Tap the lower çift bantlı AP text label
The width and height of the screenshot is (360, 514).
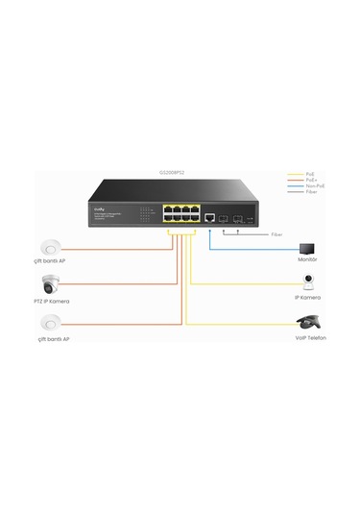click(x=52, y=340)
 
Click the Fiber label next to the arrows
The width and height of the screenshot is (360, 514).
click(x=276, y=234)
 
